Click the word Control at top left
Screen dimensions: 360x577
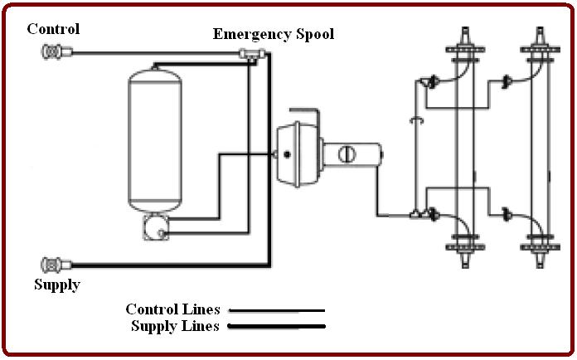click(53, 29)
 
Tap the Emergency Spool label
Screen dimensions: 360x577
click(274, 34)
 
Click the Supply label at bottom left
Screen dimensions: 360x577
click(57, 285)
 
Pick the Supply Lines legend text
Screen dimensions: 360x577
click(175, 326)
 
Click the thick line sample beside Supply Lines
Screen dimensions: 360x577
click(275, 326)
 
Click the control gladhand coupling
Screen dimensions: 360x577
click(51, 52)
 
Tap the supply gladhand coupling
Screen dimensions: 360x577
click(51, 265)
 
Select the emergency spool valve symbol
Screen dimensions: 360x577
click(250, 55)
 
